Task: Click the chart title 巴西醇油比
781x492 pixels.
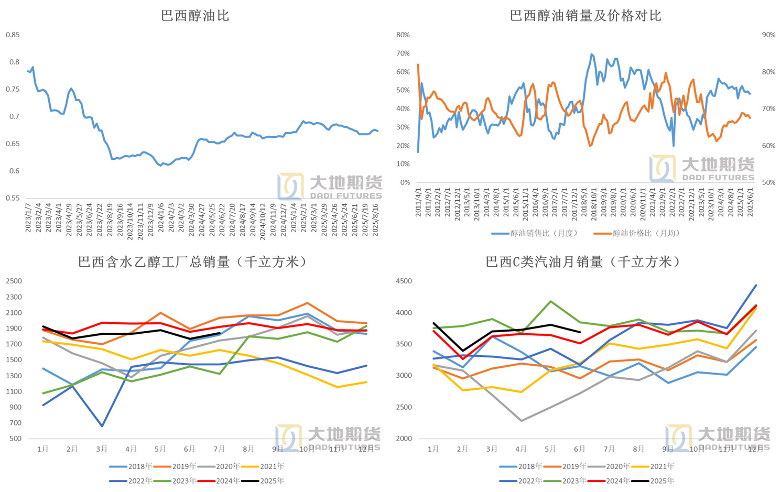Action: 195,16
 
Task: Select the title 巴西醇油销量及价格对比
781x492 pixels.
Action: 585,16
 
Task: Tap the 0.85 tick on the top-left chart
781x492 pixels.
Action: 13,35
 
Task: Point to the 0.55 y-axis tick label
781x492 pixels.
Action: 13,199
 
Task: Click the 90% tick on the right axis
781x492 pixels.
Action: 768,35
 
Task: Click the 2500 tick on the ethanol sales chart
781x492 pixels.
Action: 14,281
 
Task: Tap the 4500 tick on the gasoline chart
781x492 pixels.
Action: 404,281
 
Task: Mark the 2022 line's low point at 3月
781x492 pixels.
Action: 102,426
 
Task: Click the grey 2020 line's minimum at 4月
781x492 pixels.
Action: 521,421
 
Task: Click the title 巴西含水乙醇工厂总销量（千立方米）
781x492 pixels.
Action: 192,262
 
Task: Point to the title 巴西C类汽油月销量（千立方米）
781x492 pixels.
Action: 583,262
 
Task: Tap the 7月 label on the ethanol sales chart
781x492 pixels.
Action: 219,449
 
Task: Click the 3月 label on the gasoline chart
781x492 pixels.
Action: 492,449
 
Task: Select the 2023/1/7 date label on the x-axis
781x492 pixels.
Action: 28,218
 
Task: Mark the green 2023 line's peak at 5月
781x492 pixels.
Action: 550,301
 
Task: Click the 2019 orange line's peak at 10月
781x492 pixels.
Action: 307,303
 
